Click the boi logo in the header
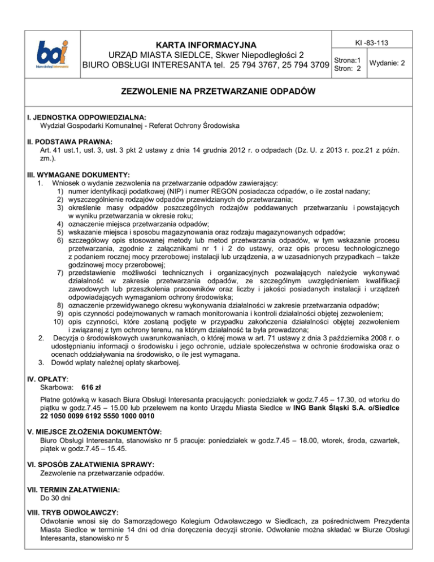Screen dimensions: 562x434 [x=50, y=55]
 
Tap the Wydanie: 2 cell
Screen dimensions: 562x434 [x=386, y=64]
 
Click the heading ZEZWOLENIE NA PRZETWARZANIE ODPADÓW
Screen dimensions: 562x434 [x=217, y=92]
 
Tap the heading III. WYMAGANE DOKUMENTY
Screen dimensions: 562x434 [x=75, y=175]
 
